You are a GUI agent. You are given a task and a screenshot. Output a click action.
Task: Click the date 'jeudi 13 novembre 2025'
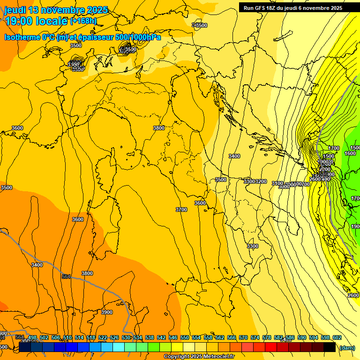coord(56,10)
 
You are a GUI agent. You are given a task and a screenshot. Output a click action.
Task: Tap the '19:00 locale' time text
coord(37,21)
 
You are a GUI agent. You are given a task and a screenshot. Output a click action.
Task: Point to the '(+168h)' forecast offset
coord(83,21)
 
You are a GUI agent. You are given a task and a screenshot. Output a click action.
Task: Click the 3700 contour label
coord(181,210)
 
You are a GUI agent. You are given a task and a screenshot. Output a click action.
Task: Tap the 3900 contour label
coord(107,312)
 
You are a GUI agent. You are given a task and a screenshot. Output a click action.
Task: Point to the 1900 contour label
coord(356,226)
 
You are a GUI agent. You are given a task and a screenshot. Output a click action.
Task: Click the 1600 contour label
coord(350,153)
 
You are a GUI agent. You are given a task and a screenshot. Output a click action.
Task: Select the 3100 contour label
coord(277,183)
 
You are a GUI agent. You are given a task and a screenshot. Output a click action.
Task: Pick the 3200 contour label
coord(261,181)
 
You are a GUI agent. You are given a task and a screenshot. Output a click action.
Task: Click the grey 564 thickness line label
coord(66,277)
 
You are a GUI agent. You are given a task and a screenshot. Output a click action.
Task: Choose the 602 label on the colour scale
coord(337,337)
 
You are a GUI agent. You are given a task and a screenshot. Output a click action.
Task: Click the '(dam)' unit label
coord(346,347)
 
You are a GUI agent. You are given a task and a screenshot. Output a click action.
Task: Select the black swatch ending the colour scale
coord(330,347)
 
